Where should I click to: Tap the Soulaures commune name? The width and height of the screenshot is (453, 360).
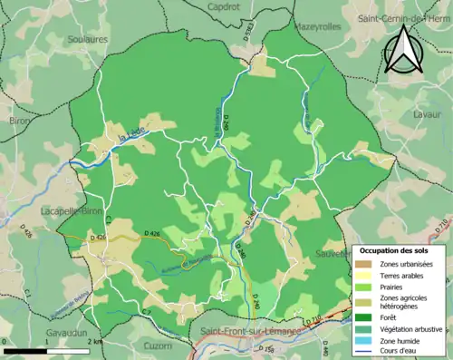pyautogui.click(x=88, y=39)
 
